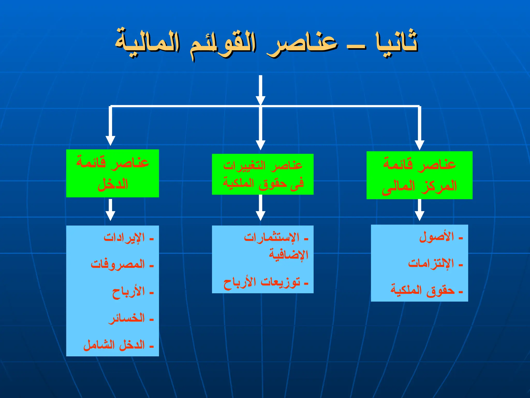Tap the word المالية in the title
click(148, 43)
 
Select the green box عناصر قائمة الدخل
click(113, 173)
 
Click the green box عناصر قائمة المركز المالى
click(419, 175)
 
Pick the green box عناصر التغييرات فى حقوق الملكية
click(263, 174)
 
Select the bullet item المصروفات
click(118, 265)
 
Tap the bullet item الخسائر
click(127, 318)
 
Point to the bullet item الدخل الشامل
click(114, 345)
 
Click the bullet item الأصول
click(437, 237)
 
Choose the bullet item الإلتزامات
click(431, 264)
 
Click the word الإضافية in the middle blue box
click(289, 255)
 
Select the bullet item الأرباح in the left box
click(128, 292)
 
